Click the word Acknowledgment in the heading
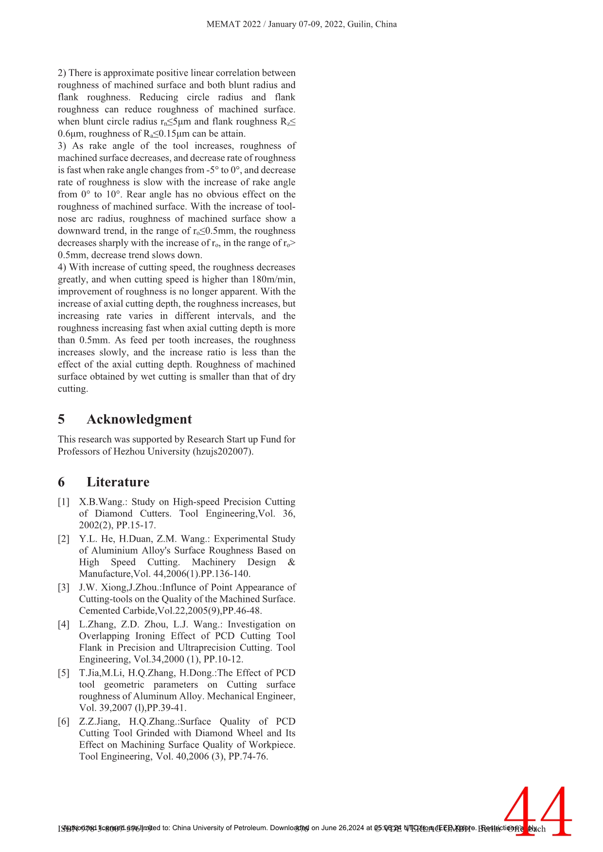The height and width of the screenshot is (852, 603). click(139, 419)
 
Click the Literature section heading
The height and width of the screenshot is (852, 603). click(118, 482)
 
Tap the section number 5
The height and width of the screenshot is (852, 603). click(61, 419)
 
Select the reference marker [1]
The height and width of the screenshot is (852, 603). click(64, 502)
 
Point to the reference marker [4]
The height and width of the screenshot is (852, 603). click(64, 624)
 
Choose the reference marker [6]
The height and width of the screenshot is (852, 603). click(64, 721)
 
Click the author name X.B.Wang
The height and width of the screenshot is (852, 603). click(102, 502)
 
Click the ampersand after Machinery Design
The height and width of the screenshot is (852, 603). click(291, 562)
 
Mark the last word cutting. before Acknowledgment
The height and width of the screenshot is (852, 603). click(73, 389)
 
